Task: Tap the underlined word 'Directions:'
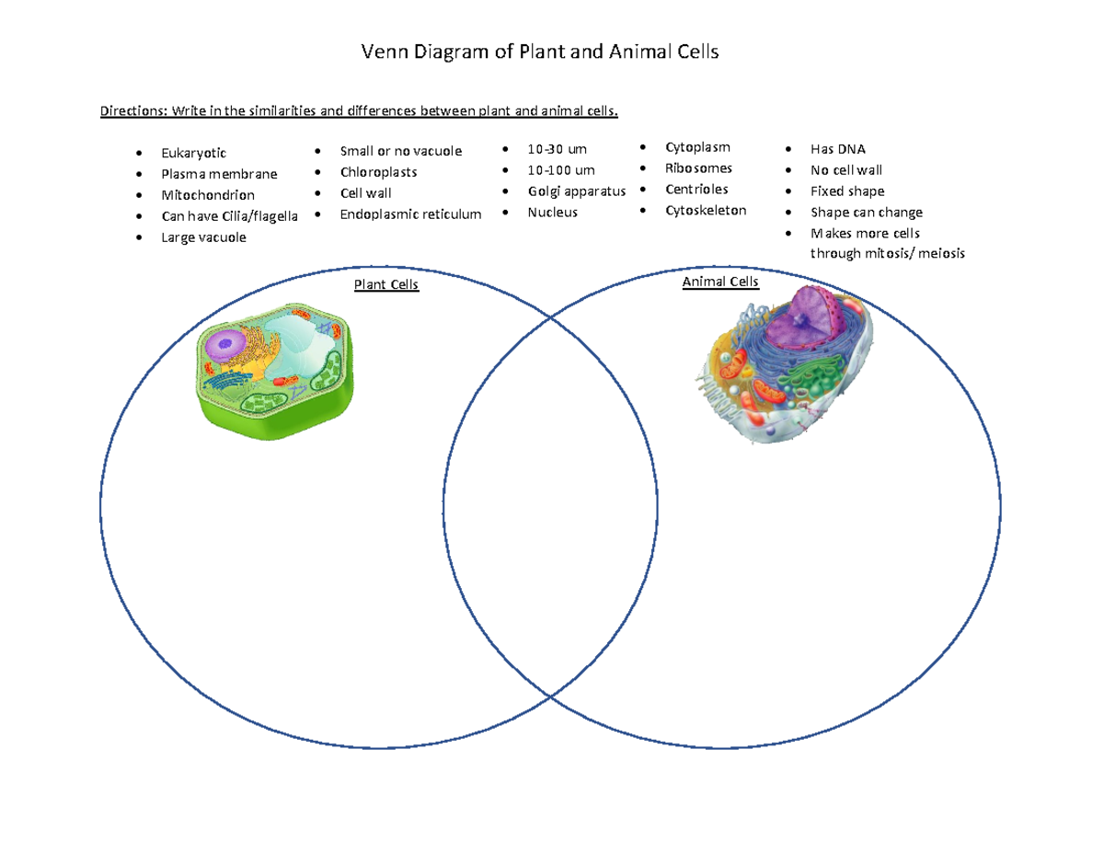click(x=131, y=112)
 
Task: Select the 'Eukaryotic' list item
click(x=192, y=153)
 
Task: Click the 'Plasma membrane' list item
click(x=218, y=174)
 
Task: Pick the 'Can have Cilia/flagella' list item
click(x=229, y=216)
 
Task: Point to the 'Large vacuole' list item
click(x=203, y=237)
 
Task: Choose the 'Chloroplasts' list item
click(x=378, y=172)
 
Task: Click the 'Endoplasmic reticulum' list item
click(x=410, y=214)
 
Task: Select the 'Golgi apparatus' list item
click(x=576, y=191)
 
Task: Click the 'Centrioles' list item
click(x=696, y=189)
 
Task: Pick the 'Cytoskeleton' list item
click(x=706, y=210)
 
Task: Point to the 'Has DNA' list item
click(x=837, y=149)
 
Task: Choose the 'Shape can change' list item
click(x=866, y=213)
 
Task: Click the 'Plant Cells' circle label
click(x=386, y=285)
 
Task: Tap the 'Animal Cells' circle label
click(x=720, y=282)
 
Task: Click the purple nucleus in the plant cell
click(x=224, y=346)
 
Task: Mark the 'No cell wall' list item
click(x=845, y=170)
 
